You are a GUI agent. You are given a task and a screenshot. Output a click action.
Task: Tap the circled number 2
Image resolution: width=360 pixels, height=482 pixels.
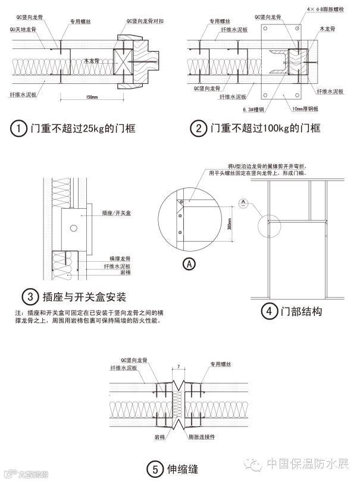198,128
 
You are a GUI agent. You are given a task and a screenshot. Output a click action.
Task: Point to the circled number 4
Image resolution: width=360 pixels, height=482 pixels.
269,311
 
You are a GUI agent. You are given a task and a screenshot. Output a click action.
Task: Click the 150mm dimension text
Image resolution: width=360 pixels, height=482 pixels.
92,96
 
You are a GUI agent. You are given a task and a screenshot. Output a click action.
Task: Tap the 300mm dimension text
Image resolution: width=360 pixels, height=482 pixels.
229,225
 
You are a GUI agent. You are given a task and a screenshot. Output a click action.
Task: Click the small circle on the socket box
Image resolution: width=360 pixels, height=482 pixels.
73,227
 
